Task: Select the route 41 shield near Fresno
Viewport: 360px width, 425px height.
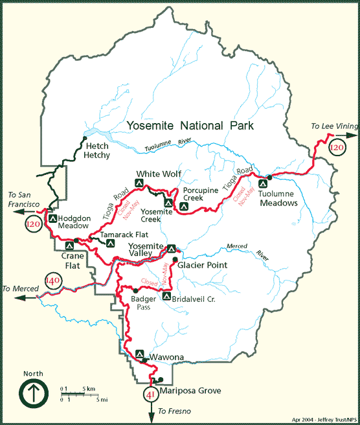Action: point(150,394)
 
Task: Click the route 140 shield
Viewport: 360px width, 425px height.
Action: point(52,282)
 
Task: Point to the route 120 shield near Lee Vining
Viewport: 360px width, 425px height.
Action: point(336,148)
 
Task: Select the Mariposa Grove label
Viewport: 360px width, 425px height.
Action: point(192,391)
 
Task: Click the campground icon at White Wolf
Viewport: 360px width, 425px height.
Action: point(138,183)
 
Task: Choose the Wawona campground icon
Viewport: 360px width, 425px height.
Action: point(139,354)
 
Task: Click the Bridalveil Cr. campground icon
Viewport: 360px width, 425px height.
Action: point(166,297)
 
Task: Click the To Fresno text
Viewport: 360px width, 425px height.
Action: point(173,412)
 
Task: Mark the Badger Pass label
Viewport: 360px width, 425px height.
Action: point(143,303)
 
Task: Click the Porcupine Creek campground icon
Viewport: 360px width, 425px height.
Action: point(184,207)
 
